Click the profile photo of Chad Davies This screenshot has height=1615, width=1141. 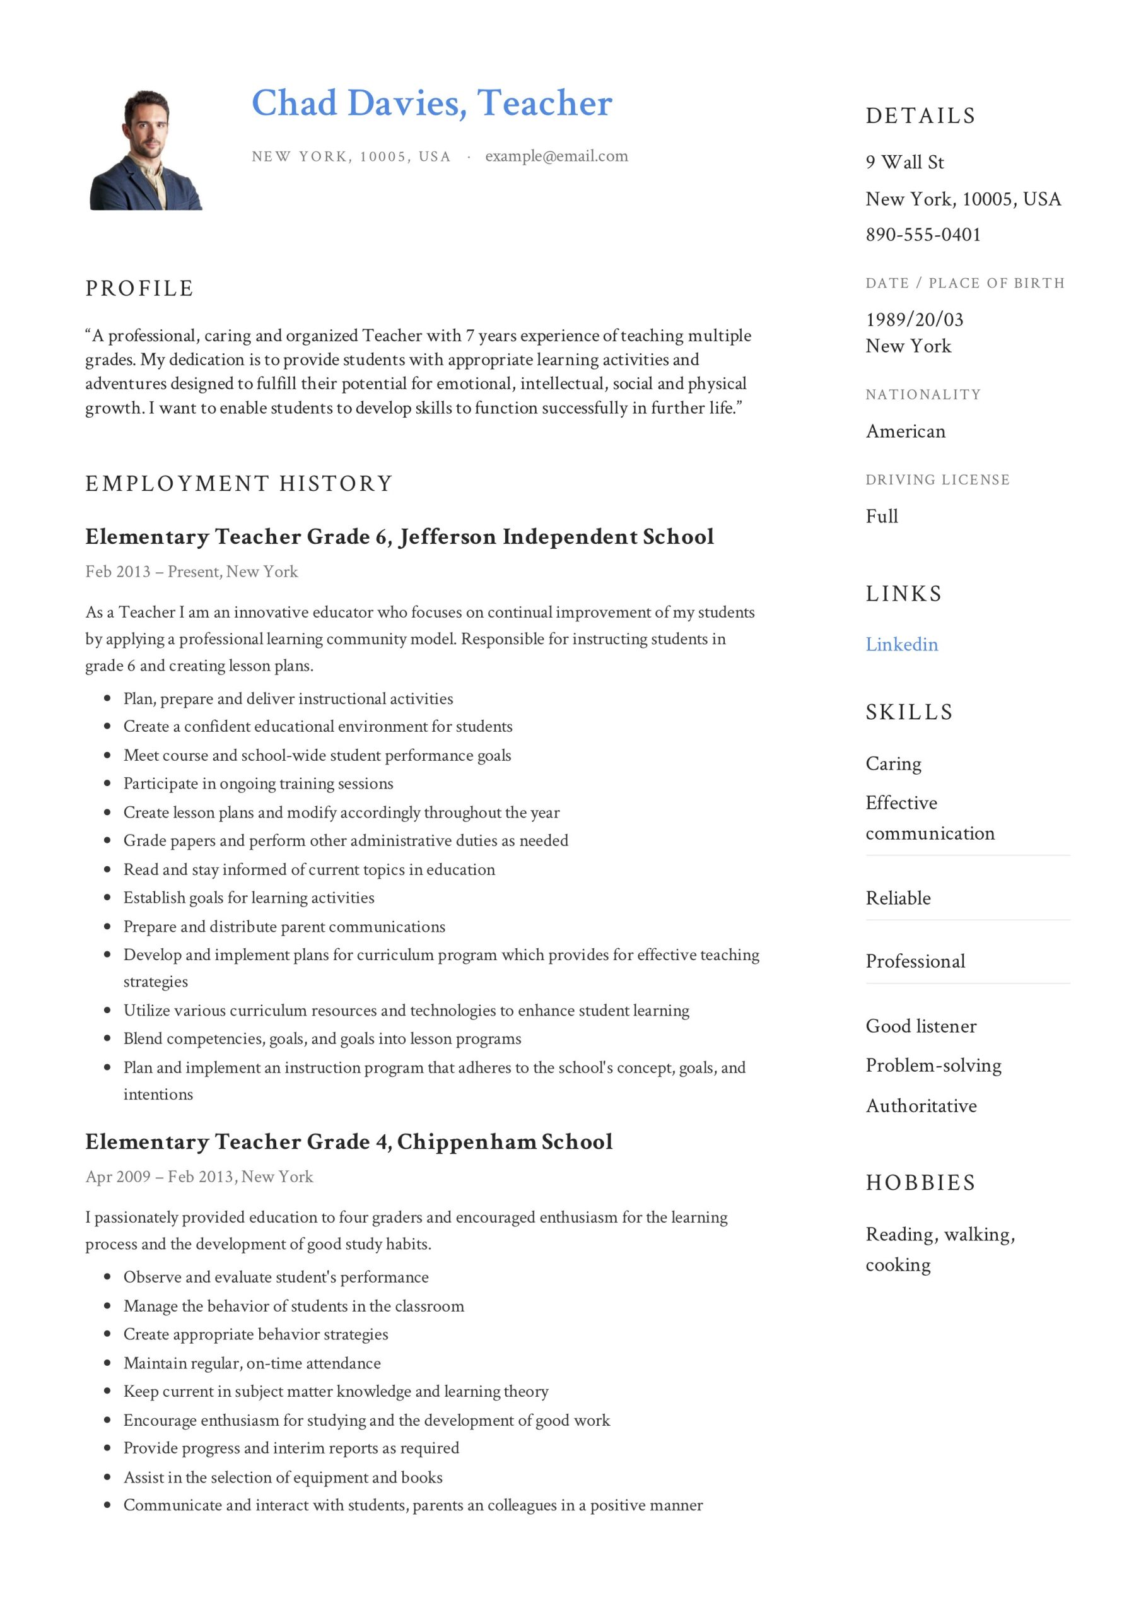coord(146,150)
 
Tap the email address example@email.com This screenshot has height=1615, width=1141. coord(556,156)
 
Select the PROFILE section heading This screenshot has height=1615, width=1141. coord(139,288)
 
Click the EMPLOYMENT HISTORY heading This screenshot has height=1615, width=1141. coord(238,484)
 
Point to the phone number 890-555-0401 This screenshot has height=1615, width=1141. coord(922,235)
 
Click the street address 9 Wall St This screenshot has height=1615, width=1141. coord(904,163)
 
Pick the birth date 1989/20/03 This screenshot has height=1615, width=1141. coord(914,320)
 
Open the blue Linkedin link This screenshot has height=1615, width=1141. coord(901,645)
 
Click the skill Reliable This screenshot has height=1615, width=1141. coord(898,898)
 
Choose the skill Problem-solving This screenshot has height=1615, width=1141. coord(933,1066)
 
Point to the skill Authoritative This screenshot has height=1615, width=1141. coord(921,1106)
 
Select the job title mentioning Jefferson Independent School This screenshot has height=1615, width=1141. coord(399,537)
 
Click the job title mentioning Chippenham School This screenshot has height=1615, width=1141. coord(348,1142)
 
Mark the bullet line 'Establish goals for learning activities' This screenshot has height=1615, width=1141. coord(249,898)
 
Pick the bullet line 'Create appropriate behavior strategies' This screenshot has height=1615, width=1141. coord(255,1334)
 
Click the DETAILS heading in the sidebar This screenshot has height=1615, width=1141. coord(920,116)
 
